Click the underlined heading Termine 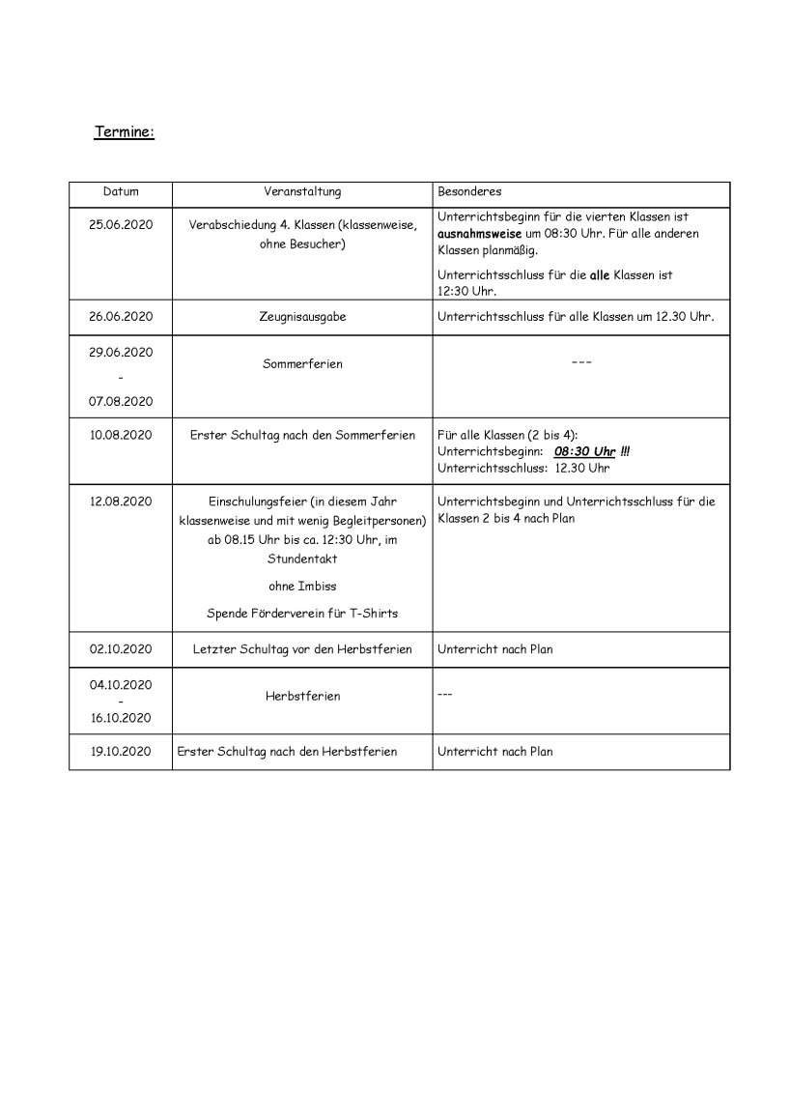124,132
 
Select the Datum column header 121,192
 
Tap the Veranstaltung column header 302,192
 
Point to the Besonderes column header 469,192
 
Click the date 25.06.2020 121,224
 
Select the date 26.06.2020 121,316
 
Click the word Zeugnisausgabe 302,316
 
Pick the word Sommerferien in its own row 302,364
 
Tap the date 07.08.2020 121,400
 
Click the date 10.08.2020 121,436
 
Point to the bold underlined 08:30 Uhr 584,451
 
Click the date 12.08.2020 121,501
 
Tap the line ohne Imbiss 302,586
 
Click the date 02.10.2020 121,649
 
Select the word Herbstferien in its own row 302,696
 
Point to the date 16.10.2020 121,717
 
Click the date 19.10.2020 121,751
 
